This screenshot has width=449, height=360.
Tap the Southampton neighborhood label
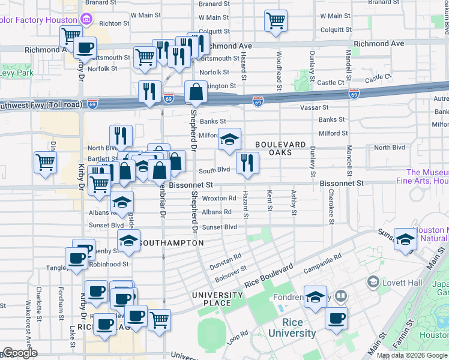171,243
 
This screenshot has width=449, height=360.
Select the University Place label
217,299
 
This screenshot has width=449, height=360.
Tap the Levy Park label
17,73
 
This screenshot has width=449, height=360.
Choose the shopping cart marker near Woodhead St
276,20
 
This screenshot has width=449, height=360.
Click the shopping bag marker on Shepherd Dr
196,92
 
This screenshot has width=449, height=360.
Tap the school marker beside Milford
229,139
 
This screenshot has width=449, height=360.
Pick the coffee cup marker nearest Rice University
337,318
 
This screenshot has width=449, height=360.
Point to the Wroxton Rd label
218,198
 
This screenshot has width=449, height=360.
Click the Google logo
20,353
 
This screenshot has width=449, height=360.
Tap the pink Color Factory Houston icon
86,19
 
